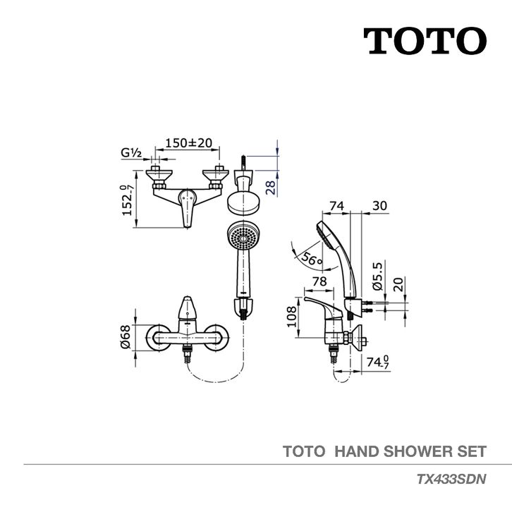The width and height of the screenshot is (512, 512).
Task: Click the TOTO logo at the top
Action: (x=424, y=42)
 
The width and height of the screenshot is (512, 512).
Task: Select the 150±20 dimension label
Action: (x=188, y=144)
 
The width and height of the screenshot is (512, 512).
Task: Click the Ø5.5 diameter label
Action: (x=377, y=277)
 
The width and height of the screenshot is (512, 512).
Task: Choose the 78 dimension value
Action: (x=319, y=281)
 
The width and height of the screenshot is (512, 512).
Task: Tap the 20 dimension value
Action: (x=398, y=284)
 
